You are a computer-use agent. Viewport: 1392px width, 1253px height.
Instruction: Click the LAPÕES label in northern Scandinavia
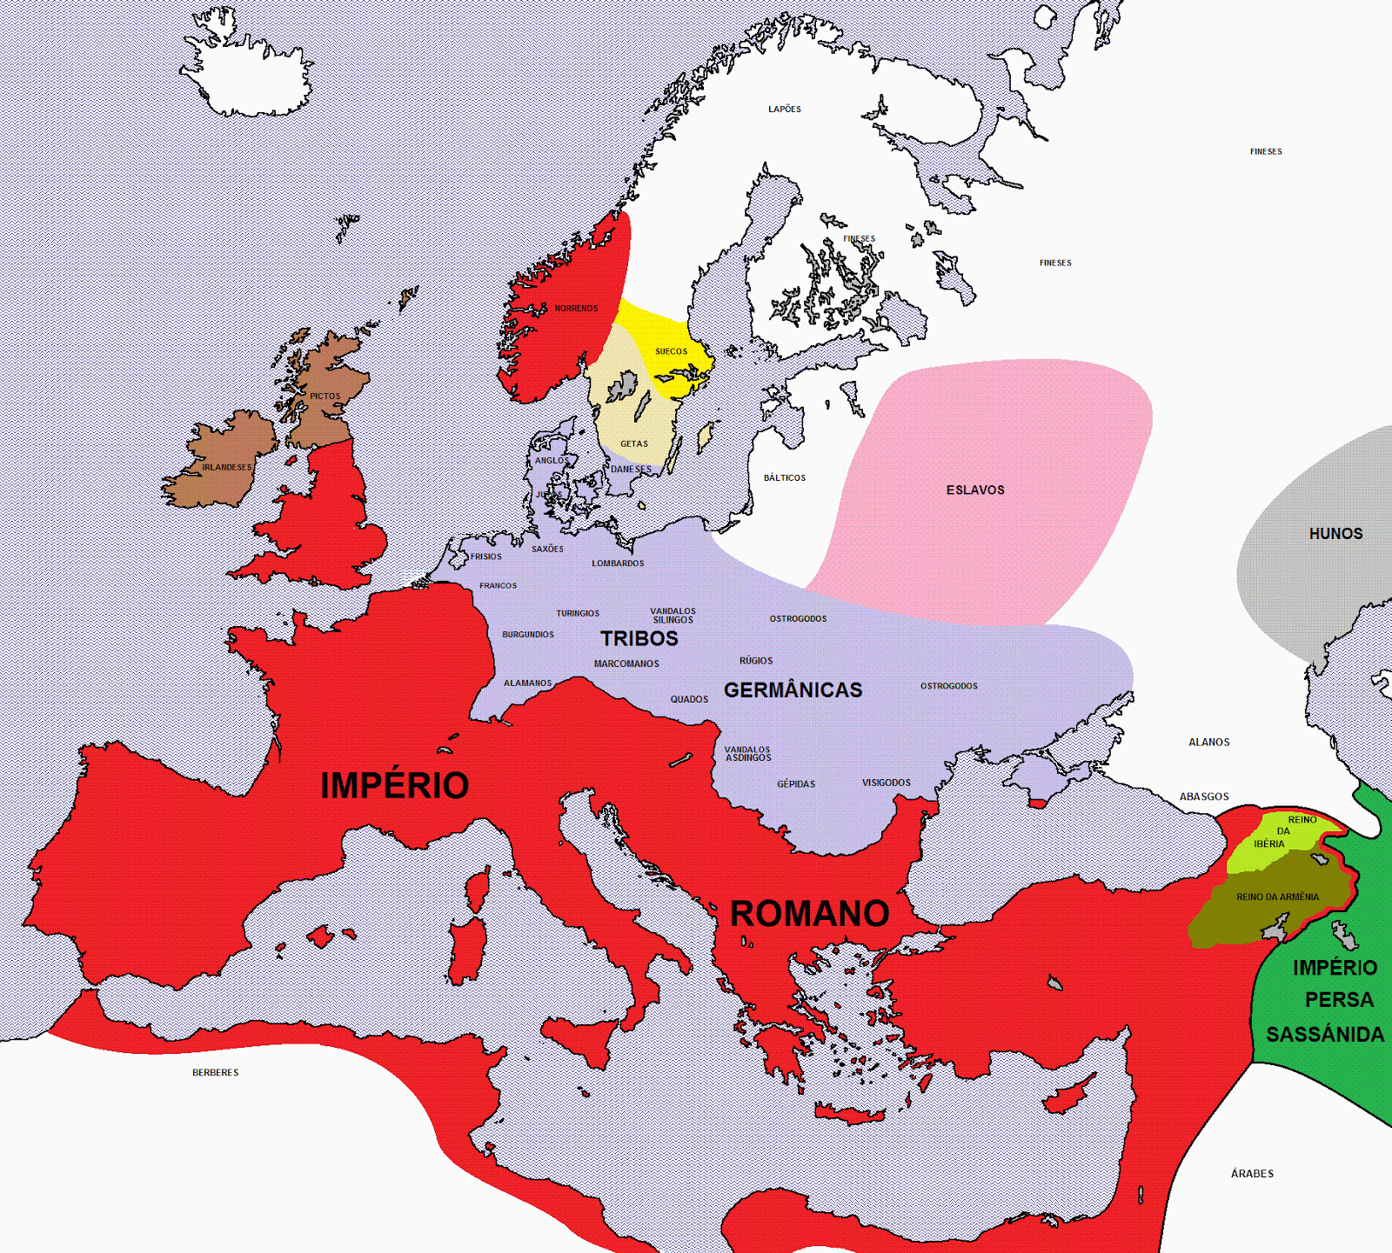784,110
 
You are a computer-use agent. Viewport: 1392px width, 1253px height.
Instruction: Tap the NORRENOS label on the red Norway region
576,309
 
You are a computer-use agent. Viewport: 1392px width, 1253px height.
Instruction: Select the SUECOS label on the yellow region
671,351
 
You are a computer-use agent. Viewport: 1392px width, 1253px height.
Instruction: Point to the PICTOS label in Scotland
325,397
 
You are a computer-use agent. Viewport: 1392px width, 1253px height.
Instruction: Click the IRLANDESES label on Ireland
227,468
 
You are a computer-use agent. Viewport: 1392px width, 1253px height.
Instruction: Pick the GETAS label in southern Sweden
634,443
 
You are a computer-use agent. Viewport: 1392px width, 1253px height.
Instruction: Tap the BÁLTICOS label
784,478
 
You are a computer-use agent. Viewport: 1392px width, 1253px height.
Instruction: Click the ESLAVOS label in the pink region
975,490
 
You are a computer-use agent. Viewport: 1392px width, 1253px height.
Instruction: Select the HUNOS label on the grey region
1335,534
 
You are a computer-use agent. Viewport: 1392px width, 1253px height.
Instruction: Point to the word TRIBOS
639,639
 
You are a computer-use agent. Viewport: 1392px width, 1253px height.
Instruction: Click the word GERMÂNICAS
793,690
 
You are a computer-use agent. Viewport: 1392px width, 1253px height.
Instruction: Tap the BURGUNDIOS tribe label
527,635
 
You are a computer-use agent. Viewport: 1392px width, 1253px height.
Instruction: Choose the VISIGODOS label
886,783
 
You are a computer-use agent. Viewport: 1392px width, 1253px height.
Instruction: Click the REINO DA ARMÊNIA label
1277,897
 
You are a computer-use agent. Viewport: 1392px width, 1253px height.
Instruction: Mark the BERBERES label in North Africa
215,1073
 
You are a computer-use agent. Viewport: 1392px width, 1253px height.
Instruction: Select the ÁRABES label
1252,1174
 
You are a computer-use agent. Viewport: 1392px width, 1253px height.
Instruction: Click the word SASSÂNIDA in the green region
1324,1035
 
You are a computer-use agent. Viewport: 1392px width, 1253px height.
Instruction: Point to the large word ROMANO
809,914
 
